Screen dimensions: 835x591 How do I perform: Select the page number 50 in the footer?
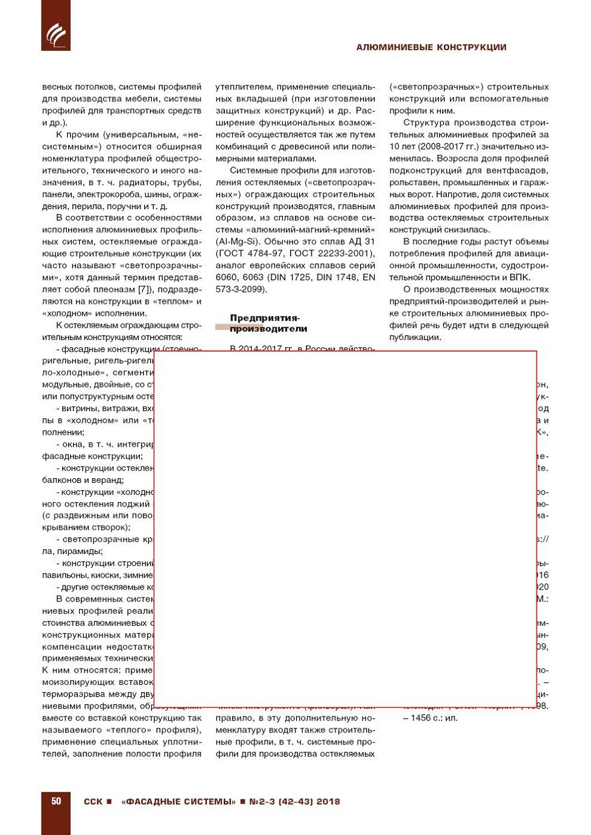56,801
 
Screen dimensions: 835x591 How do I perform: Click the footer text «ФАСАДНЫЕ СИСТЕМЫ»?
179,802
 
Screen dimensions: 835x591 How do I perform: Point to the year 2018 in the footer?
328,802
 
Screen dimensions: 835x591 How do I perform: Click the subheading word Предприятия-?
265,318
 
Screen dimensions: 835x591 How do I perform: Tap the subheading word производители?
268,329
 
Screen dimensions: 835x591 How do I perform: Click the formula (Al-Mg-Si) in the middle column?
238,242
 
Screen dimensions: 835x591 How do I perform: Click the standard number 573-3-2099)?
241,289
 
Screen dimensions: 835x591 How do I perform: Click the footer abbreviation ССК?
93,802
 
